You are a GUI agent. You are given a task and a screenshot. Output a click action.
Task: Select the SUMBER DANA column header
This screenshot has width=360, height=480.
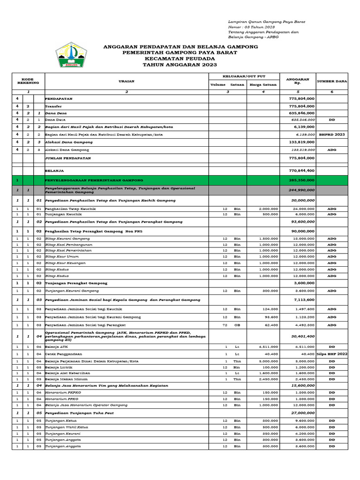point(332,81)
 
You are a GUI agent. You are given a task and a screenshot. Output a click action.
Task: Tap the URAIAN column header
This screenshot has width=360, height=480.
point(127,81)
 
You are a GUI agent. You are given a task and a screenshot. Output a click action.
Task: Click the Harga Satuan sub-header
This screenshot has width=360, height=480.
point(263,85)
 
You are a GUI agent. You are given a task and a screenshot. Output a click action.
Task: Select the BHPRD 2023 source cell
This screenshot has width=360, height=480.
point(332,135)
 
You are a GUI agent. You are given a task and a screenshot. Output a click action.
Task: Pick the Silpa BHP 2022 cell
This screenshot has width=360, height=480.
point(332,354)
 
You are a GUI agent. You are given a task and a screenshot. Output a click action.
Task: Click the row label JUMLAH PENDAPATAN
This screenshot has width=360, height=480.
point(68,158)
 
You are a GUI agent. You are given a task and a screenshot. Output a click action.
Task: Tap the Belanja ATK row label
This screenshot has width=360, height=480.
point(56,347)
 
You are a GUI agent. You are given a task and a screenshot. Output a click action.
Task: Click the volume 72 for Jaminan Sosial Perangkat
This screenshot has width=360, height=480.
point(225,325)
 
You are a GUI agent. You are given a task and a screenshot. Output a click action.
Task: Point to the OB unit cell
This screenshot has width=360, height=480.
point(237,325)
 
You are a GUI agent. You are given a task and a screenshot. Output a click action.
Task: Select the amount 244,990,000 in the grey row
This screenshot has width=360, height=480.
point(301,190)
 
